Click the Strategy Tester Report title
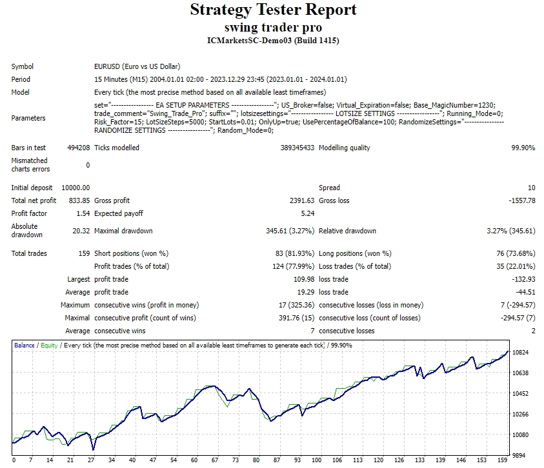point(273,10)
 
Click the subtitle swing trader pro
point(273,28)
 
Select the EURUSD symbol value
point(137,66)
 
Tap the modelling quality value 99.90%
point(523,148)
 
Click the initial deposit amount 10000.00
point(76,188)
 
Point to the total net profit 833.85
point(79,200)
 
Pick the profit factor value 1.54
point(83,213)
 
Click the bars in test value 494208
point(78,148)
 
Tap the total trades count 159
point(84,253)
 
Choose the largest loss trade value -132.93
point(522,279)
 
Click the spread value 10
point(531,188)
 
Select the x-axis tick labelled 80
point(256,460)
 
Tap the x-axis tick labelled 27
point(91,460)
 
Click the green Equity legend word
point(49,346)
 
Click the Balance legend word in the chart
point(25,346)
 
